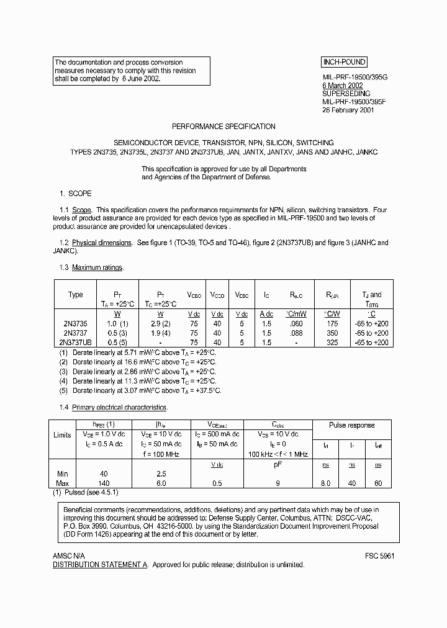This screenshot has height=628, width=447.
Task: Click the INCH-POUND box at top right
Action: tap(344, 62)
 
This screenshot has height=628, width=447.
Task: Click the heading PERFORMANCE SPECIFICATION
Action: tap(223, 127)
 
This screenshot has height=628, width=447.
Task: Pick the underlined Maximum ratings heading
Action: tap(97, 267)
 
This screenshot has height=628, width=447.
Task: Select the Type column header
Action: tap(75, 295)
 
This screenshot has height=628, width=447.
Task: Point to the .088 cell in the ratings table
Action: tap(296, 333)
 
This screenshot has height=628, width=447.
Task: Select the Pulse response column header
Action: tap(352, 425)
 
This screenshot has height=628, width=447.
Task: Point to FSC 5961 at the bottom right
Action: tap(380, 556)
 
